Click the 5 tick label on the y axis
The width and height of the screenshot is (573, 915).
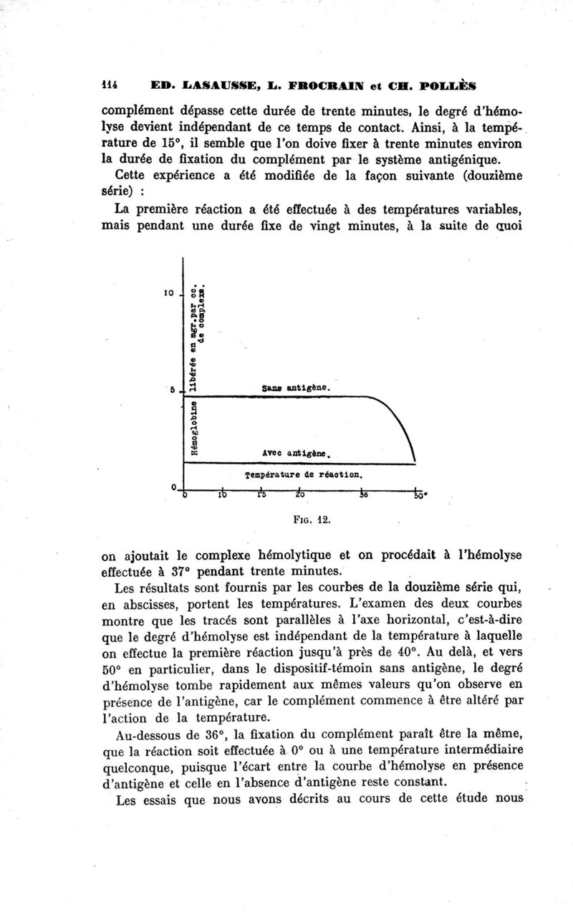(x=173, y=390)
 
